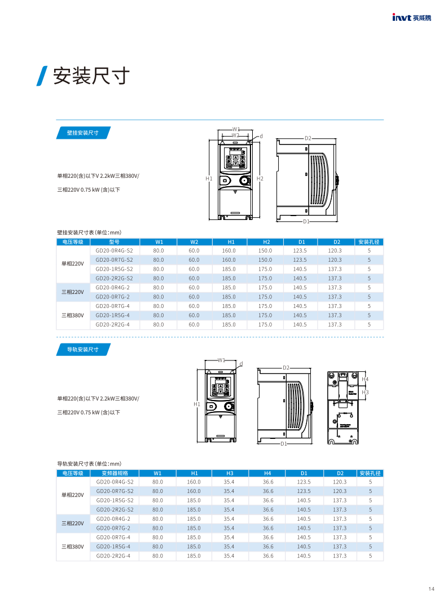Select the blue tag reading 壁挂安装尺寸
coord(83,133)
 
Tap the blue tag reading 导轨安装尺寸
coord(83,350)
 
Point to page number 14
coord(431,590)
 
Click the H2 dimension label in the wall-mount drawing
coord(260,178)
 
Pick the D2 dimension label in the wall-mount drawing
coord(308,138)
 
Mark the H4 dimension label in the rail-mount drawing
coord(365,379)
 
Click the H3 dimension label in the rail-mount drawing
coord(365,392)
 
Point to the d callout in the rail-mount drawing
coord(241,363)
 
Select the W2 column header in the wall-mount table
coord(194,241)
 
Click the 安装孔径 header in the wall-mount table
coord(369,241)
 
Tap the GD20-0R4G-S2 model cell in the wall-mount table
coord(115,250)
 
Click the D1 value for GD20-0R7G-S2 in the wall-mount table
coord(300,259)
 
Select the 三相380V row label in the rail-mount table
coord(73,547)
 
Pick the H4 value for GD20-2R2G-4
coord(268,556)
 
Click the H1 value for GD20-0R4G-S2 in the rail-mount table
coord(194,482)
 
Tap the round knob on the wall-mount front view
coord(244,181)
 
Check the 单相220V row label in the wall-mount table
coord(73,264)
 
